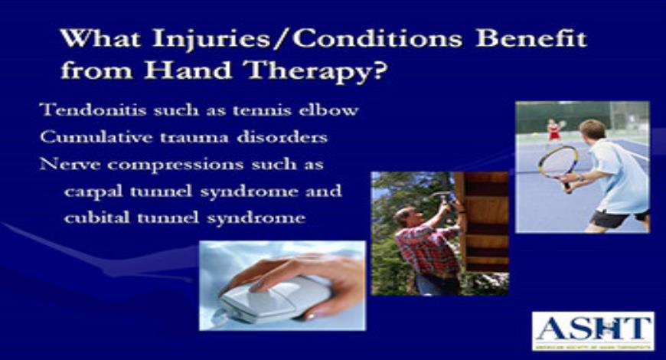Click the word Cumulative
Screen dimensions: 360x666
pos(87,137)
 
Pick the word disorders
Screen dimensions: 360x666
pos(283,137)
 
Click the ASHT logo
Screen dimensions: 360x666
pos(593,330)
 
